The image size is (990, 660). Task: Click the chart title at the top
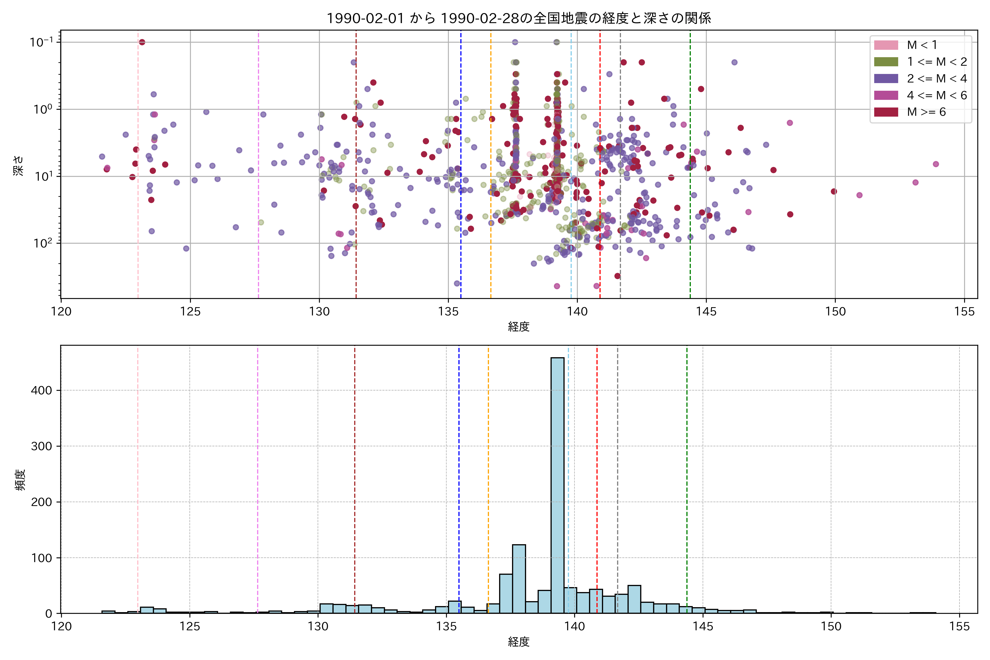(519, 18)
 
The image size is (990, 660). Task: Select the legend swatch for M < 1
(886, 45)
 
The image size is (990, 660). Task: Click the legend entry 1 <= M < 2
(937, 62)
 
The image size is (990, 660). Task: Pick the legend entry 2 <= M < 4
(937, 79)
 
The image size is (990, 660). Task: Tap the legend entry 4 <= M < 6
(937, 95)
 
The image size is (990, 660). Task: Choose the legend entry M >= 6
(926, 112)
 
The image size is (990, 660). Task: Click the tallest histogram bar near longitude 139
(557, 484)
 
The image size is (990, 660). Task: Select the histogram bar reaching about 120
(519, 579)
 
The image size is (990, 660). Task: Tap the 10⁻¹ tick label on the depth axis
(41, 42)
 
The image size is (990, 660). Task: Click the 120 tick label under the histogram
(61, 627)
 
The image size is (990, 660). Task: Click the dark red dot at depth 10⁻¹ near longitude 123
(142, 42)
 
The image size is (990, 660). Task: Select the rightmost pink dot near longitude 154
(936, 164)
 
